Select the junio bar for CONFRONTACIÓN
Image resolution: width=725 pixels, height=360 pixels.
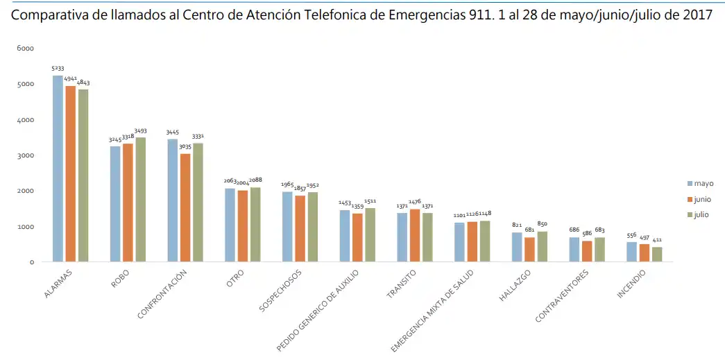tap(185, 207)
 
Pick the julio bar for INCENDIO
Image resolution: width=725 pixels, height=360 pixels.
tap(657, 254)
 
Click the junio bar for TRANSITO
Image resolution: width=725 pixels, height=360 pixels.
tap(415, 235)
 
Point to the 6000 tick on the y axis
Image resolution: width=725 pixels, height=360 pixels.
tap(26, 49)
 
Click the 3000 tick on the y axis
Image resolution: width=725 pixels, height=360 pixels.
tap(26, 155)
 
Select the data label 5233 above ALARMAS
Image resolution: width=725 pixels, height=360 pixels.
tap(58, 69)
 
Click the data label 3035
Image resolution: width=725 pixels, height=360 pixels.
tap(185, 147)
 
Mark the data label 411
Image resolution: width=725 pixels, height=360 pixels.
tap(657, 240)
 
